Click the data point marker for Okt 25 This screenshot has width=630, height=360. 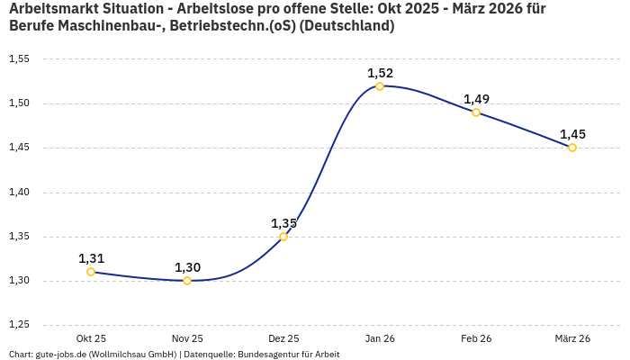[x=91, y=272]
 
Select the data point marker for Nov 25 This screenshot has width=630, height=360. [x=187, y=281]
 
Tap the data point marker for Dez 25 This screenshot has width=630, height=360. [x=283, y=237]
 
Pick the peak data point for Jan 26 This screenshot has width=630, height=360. [x=380, y=86]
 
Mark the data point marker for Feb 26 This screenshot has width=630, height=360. [x=476, y=112]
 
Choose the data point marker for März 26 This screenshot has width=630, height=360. [x=572, y=148]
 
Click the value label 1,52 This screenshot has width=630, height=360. [x=380, y=73]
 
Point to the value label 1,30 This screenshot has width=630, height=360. [x=187, y=267]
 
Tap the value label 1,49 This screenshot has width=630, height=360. [x=476, y=99]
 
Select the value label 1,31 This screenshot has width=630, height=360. [x=91, y=258]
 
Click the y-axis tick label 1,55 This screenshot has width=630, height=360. [x=19, y=59]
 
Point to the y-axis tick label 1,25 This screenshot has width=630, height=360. [x=19, y=325]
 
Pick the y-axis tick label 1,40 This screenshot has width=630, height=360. [x=19, y=193]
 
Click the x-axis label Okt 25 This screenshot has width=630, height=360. [x=91, y=338]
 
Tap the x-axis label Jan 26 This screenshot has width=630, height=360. [x=380, y=338]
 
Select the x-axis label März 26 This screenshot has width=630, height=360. [x=572, y=338]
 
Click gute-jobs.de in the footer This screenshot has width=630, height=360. [x=61, y=354]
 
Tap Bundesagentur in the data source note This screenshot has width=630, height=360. [x=266, y=354]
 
